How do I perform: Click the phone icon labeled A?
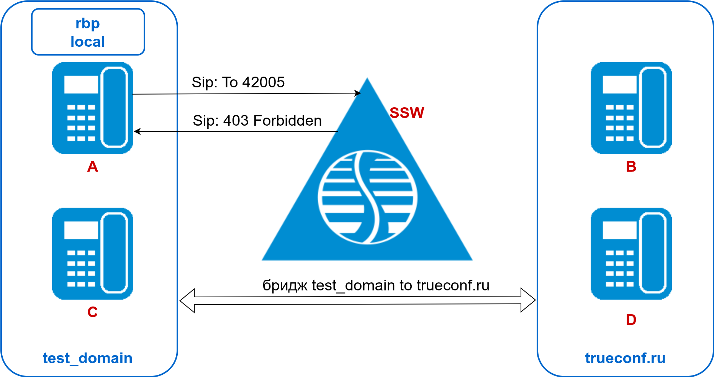pyautogui.click(x=93, y=108)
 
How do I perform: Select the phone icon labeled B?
pyautogui.click(x=631, y=108)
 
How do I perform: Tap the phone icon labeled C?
pyautogui.click(x=93, y=254)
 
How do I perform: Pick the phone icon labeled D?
pyautogui.click(x=631, y=254)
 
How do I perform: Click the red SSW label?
pyautogui.click(x=407, y=113)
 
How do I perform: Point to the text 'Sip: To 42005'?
pyautogui.click(x=238, y=82)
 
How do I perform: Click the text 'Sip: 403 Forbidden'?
pyautogui.click(x=257, y=121)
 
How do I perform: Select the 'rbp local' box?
pyautogui.click(x=88, y=32)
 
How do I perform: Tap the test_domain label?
pyautogui.click(x=87, y=358)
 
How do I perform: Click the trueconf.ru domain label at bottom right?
pyautogui.click(x=625, y=358)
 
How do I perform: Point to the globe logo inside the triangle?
pyautogui.click(x=367, y=197)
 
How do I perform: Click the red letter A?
pyautogui.click(x=93, y=167)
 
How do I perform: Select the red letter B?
pyautogui.click(x=631, y=167)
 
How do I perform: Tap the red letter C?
pyautogui.click(x=93, y=312)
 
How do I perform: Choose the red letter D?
pyautogui.click(x=631, y=320)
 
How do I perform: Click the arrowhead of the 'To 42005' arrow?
pyautogui.click(x=358, y=93)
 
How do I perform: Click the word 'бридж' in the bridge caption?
pyautogui.click(x=285, y=286)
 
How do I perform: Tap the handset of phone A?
pyautogui.click(x=114, y=107)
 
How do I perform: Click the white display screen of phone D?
pyautogui.click(x=619, y=230)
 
